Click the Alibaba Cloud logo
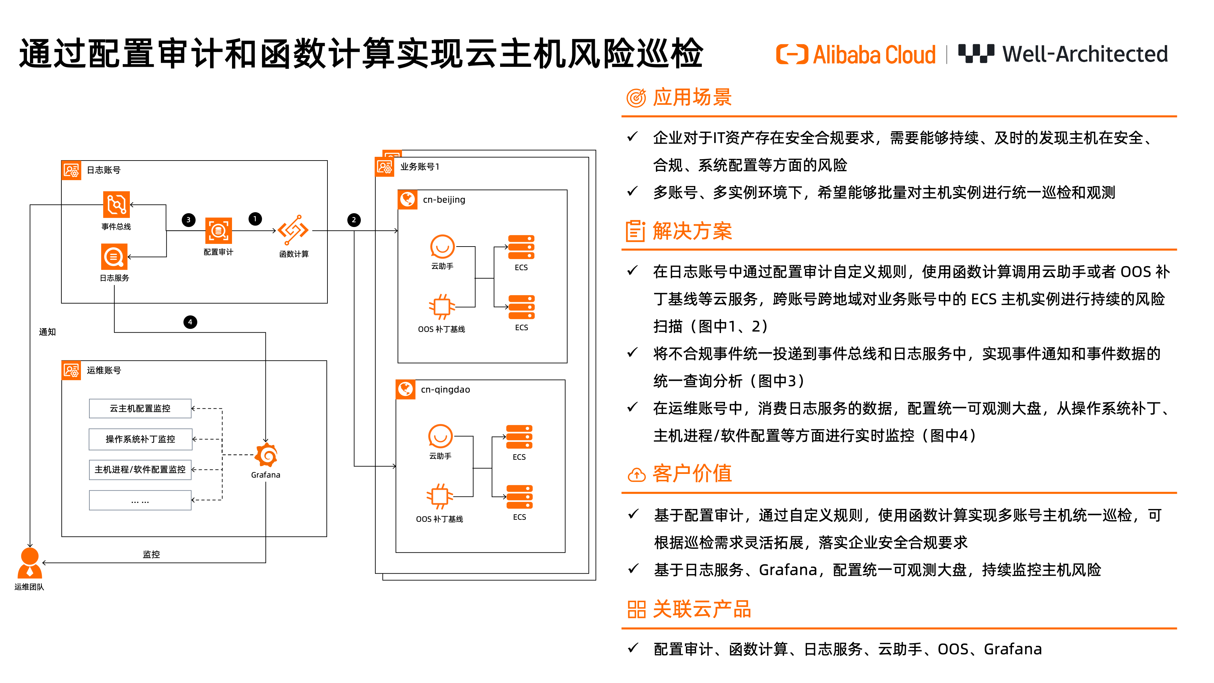(855, 54)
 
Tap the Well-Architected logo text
(1084, 54)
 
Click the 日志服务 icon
(114, 257)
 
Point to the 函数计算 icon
(293, 230)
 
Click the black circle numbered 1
(255, 219)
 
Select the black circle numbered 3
(189, 220)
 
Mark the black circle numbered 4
(190, 322)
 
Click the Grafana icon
(266, 455)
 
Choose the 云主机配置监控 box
(140, 408)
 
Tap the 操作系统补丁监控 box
(140, 439)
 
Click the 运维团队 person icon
(30, 563)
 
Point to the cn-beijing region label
(444, 199)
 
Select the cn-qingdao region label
(445, 389)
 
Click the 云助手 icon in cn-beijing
(442, 247)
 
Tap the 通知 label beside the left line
(47, 332)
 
